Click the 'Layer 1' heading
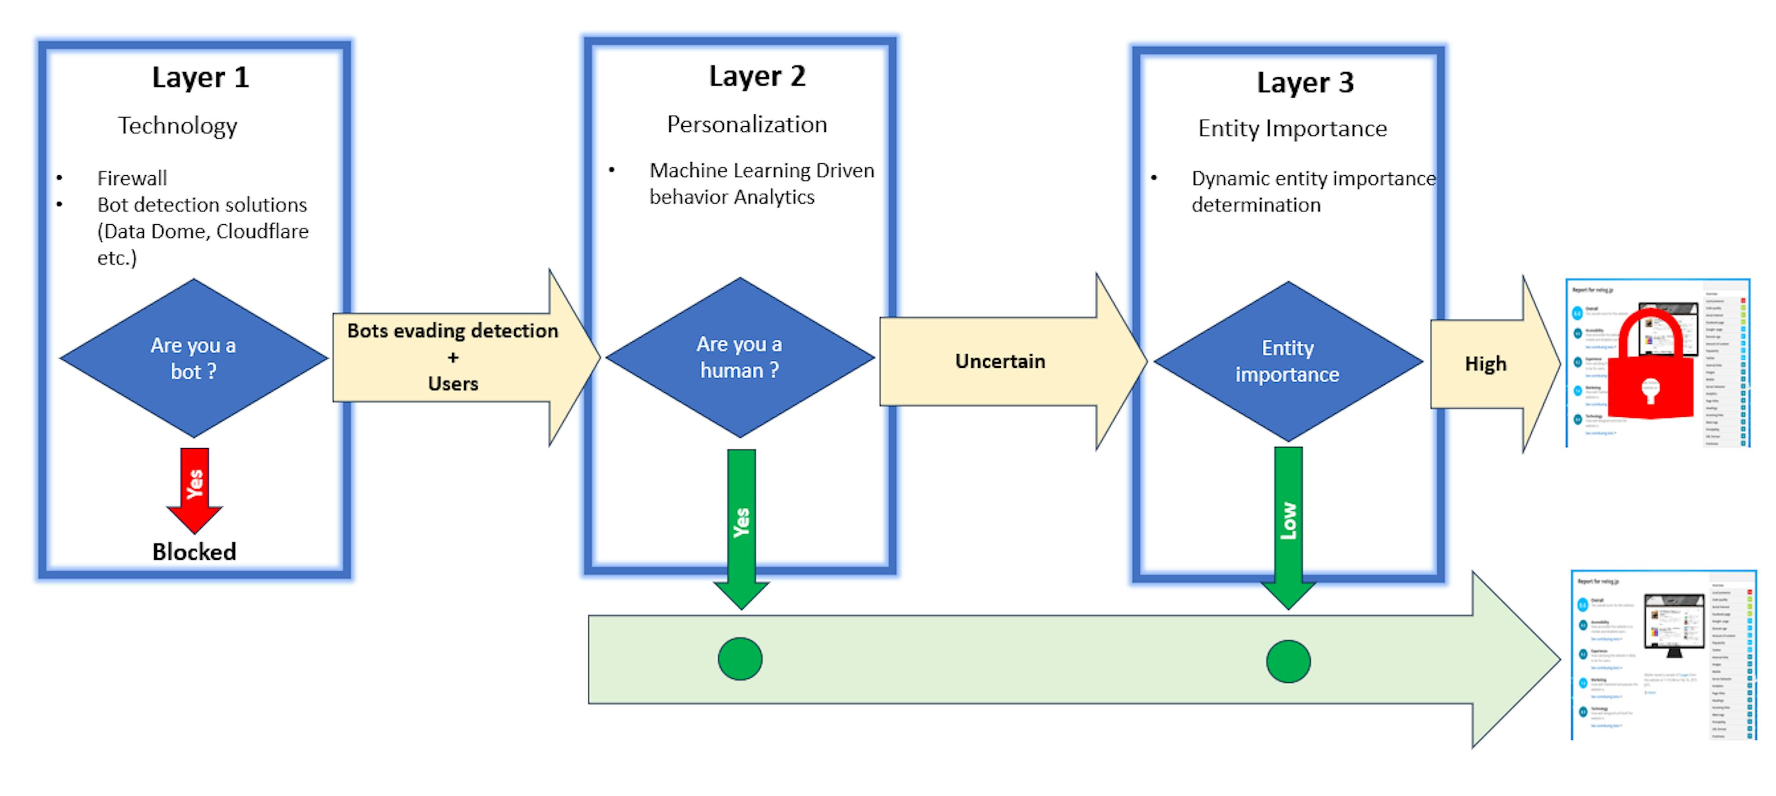tap(200, 77)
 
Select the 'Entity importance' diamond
tap(1287, 361)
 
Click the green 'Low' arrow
tap(1288, 524)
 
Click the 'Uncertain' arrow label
tap(999, 361)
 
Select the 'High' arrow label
tap(1485, 364)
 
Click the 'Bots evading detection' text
tap(452, 331)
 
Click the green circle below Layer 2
tap(740, 659)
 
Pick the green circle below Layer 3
tap(1288, 661)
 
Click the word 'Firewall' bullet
tap(132, 179)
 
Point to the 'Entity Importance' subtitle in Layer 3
tap(1292, 128)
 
